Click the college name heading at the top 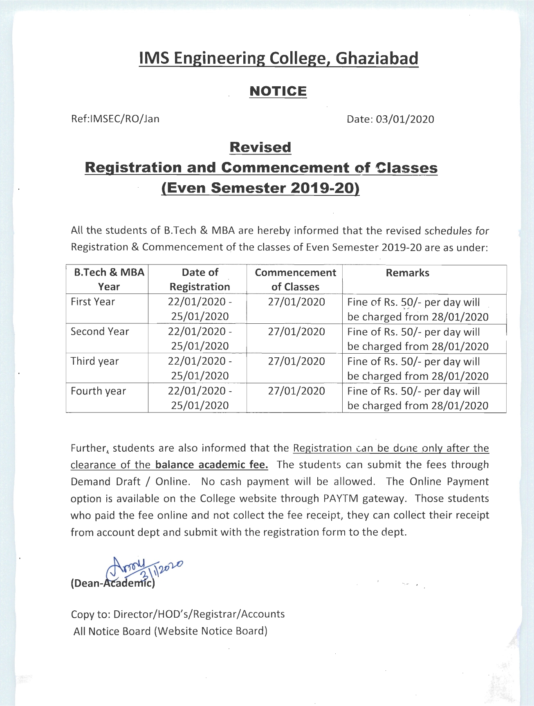pyautogui.click(x=278, y=59)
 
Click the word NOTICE pyautogui.click(x=278, y=91)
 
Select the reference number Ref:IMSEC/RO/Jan pyautogui.click(x=115, y=119)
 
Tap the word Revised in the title pyautogui.click(x=260, y=147)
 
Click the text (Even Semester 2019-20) pyautogui.click(x=260, y=188)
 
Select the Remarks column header pyautogui.click(x=407, y=273)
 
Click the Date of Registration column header pyautogui.click(x=200, y=280)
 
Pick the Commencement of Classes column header pyautogui.click(x=295, y=280)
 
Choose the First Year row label pyautogui.click(x=93, y=302)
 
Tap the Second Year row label pyautogui.click(x=100, y=332)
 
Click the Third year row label pyautogui.click(x=95, y=361)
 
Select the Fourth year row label pyautogui.click(x=98, y=391)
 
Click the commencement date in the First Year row pyautogui.click(x=296, y=302)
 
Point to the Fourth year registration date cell pyautogui.click(x=200, y=398)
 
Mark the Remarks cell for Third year pyautogui.click(x=418, y=369)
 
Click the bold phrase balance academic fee pyautogui.click(x=212, y=465)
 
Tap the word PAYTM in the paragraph pyautogui.click(x=341, y=499)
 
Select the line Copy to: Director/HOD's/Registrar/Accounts pyautogui.click(x=178, y=614)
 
